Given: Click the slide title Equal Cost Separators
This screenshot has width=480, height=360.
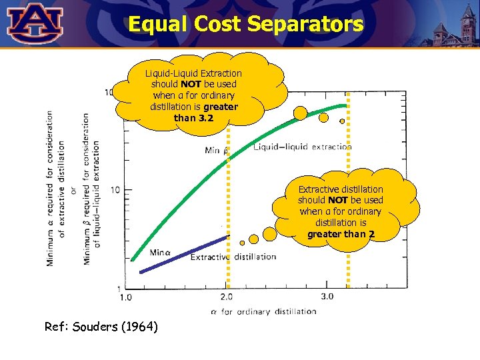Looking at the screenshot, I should (x=245, y=25).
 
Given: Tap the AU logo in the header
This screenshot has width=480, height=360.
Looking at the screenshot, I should (x=35, y=23).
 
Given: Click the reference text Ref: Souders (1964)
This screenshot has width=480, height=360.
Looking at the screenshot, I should (x=101, y=327).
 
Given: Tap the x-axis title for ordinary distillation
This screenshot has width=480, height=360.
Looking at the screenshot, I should (x=263, y=311).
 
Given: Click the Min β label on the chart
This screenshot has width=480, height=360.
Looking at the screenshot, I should (x=217, y=150).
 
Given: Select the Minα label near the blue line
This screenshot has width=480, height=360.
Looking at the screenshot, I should (x=161, y=253).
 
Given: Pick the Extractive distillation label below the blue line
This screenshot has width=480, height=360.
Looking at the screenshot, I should (x=233, y=257).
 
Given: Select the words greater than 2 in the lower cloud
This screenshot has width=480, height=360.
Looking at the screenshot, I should (x=341, y=234).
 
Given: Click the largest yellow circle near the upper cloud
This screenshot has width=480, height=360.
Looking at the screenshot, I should (x=301, y=113).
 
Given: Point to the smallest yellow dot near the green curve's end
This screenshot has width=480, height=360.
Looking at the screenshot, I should (x=342, y=121).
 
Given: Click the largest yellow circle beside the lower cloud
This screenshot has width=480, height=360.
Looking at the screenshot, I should (x=269, y=234).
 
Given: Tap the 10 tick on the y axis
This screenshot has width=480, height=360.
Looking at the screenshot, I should (x=115, y=190).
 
